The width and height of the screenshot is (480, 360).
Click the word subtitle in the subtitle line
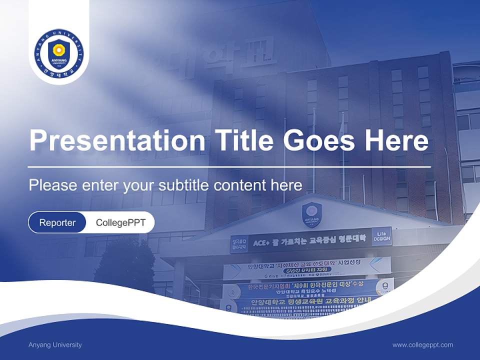click(x=184, y=185)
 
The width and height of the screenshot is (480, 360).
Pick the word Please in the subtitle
click(x=51, y=185)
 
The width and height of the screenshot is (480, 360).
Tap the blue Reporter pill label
click(x=57, y=222)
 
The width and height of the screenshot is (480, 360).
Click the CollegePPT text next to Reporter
click(x=120, y=222)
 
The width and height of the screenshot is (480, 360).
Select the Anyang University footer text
click(x=55, y=345)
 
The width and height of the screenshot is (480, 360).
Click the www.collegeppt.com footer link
click(x=422, y=345)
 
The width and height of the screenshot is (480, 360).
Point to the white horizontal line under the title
click(x=229, y=167)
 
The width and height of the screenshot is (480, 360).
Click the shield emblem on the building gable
click(x=311, y=213)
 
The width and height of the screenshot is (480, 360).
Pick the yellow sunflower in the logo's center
click(x=59, y=49)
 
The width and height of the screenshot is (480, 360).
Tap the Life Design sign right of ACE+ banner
click(x=382, y=236)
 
